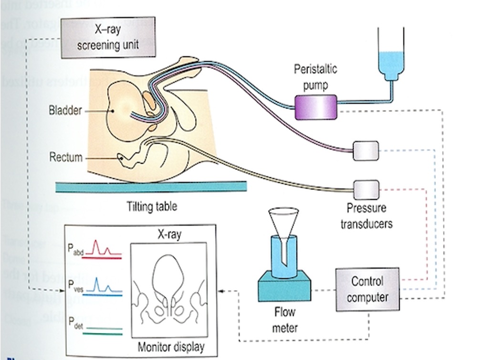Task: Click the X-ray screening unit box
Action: [x=108, y=38]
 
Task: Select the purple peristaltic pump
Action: [x=315, y=106]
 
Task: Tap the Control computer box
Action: [x=367, y=289]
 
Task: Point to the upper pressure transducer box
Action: [x=366, y=151]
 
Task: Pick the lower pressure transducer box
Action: [x=366, y=189]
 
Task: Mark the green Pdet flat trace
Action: [x=102, y=329]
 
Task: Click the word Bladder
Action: [x=65, y=111]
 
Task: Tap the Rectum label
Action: [x=66, y=157]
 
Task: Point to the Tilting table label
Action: [x=152, y=207]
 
